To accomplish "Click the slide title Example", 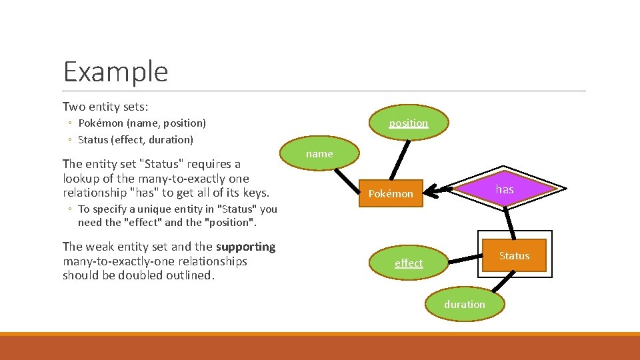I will pos(115,71).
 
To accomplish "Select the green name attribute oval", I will pos(319,154).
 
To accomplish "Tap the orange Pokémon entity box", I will pos(391,194).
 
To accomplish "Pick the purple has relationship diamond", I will pos(504,189).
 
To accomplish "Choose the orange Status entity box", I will pos(514,256).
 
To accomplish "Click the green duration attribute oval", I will pos(465,305).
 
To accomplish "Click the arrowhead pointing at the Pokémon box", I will pos(429,192).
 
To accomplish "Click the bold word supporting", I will pos(245,247).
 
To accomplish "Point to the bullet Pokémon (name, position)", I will pos(142,123).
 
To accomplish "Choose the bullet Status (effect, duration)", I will pos(135,140).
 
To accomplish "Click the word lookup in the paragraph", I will pos(81,179).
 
